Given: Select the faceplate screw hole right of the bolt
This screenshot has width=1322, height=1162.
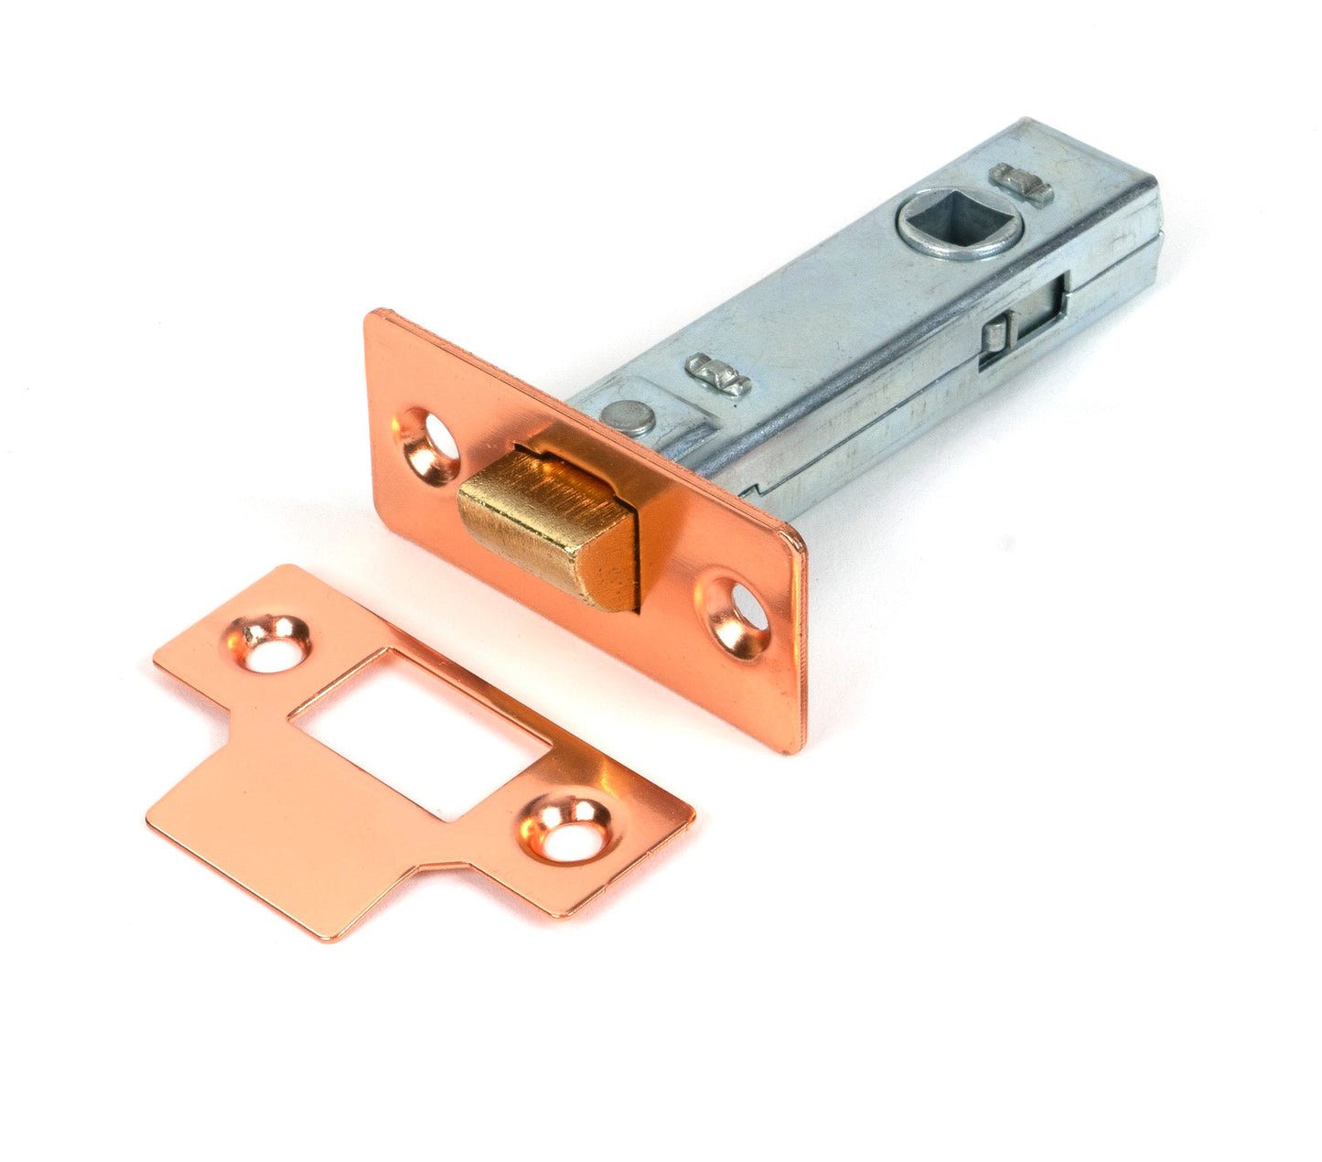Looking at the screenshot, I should pos(736,613).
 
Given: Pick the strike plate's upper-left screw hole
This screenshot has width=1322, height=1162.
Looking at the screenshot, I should pos(271,644).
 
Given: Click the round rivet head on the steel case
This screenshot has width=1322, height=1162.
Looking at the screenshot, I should pos(629,417).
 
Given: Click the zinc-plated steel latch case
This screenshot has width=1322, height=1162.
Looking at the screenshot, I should pos(869,320).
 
